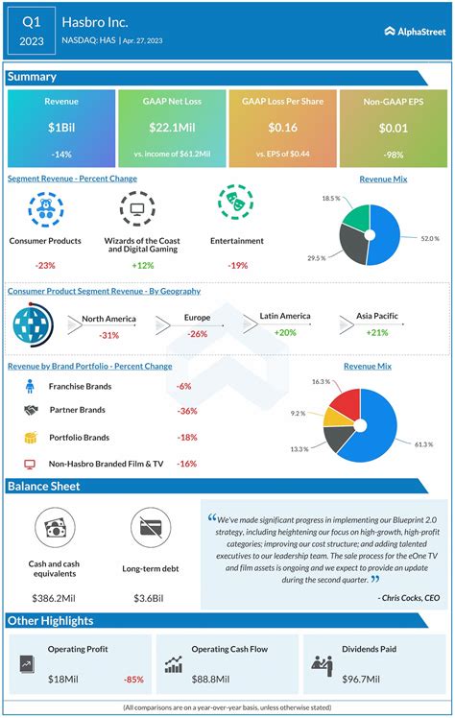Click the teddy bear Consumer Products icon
[x=45, y=208]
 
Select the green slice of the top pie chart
[x=356, y=214]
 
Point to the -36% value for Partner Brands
[x=188, y=411]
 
